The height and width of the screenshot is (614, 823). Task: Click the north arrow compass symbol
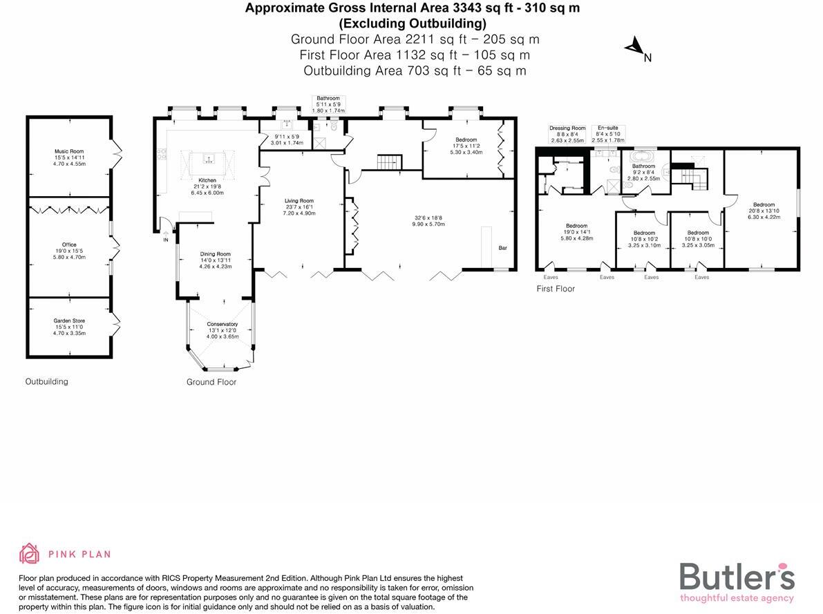pos(634,47)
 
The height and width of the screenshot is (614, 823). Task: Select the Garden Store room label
pos(69,320)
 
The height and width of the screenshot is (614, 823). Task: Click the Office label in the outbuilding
pos(69,244)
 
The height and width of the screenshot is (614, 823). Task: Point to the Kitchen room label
pos(207,180)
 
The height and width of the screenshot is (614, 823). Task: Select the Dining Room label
pos(215,254)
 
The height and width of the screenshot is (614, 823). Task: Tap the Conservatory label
pos(223,324)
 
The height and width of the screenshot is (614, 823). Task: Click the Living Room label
pos(299,201)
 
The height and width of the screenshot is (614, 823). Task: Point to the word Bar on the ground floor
pos(502,247)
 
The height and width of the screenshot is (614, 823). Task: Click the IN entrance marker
pos(166,240)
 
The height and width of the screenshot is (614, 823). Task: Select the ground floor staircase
pos(389,163)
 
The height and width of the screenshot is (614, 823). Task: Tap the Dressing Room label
pos(567,128)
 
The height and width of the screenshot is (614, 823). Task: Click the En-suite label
pos(607,128)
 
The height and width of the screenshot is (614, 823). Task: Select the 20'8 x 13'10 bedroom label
pos(764,204)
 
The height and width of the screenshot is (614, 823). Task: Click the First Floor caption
pos(556,289)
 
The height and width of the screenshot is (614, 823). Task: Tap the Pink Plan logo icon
pos(29,553)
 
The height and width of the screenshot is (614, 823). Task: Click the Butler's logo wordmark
pos(737,577)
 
